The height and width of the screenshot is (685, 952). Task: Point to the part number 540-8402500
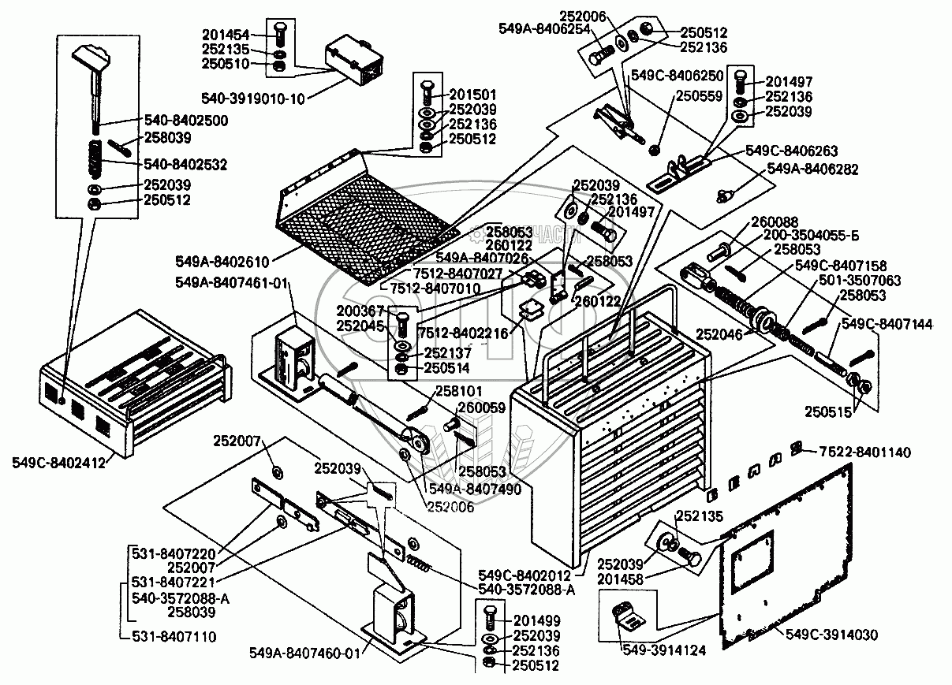coord(185,121)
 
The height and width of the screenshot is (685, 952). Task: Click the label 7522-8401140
coord(864,452)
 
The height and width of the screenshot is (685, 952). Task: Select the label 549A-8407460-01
coord(304,653)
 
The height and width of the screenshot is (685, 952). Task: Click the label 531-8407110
coord(175,635)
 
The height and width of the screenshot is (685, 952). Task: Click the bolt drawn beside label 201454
coord(279,34)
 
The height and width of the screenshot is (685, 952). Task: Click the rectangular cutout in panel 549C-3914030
coord(751,560)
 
